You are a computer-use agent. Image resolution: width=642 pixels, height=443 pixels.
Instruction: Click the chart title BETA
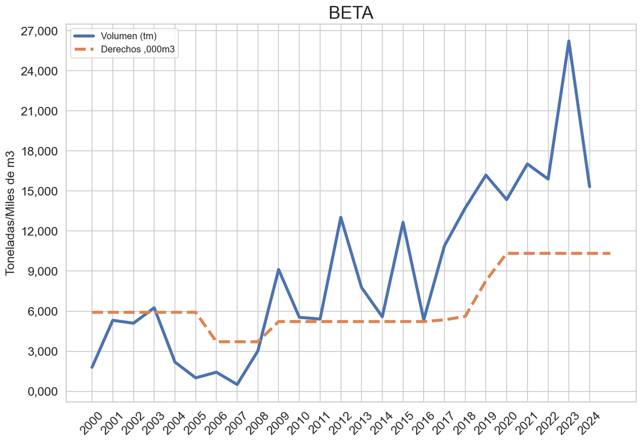[350, 13]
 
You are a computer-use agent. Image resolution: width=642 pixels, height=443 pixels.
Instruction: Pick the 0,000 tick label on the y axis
[43, 392]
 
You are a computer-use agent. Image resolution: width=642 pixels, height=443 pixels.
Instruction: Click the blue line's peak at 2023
[569, 41]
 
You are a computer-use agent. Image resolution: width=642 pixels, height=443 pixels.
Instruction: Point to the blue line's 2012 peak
[341, 217]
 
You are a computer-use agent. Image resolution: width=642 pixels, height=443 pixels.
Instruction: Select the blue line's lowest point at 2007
[237, 384]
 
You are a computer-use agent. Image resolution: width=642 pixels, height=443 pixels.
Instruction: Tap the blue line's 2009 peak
[278, 270]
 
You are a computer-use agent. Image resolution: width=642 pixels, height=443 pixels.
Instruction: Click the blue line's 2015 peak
[403, 223]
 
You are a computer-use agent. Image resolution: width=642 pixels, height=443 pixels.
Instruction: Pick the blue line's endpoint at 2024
[589, 186]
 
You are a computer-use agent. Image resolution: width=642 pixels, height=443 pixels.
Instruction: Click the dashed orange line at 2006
[216, 341]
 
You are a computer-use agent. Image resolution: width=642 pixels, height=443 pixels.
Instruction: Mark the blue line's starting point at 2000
[92, 367]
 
